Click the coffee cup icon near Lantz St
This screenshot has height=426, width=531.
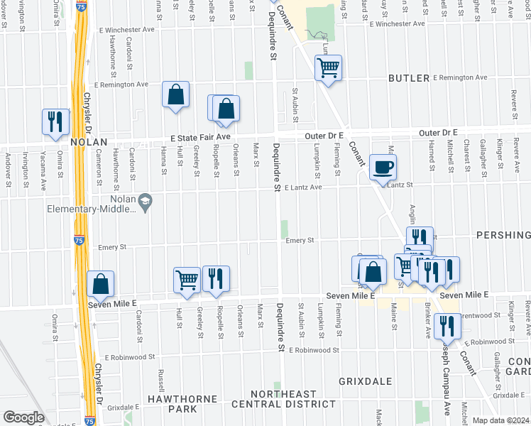pyautogui.click(x=383, y=168)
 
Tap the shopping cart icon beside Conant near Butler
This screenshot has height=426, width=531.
pyautogui.click(x=328, y=68)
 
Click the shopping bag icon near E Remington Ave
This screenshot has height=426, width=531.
pyautogui.click(x=175, y=94)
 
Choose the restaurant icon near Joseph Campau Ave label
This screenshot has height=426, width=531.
pyautogui.click(x=447, y=325)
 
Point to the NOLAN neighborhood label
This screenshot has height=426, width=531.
pyautogui.click(x=88, y=143)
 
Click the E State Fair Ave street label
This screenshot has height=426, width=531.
pyautogui.click(x=199, y=136)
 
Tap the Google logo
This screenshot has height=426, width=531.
pyautogui.click(x=23, y=417)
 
